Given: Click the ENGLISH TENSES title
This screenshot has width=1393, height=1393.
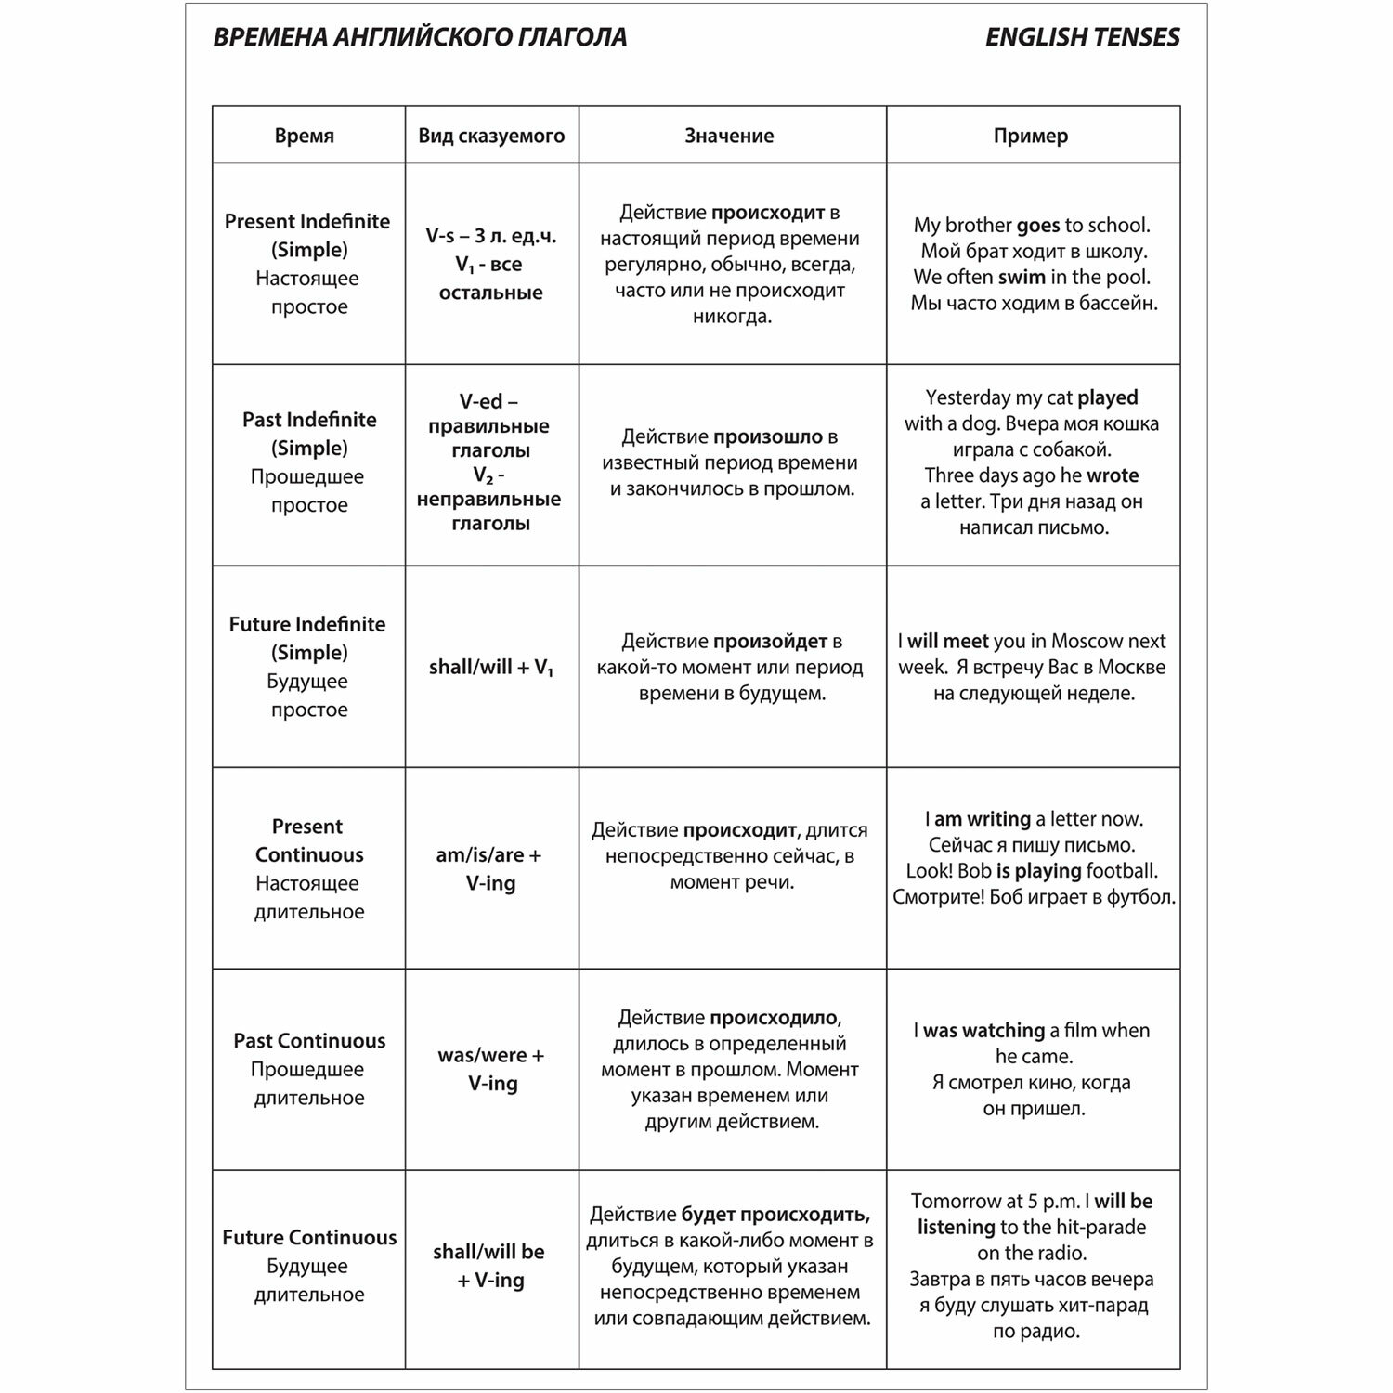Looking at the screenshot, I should click(1082, 37).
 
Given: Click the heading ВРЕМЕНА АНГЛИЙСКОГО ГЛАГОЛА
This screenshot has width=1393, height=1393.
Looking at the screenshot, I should click(420, 37).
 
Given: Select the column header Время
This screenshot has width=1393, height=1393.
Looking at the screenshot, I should click(305, 136).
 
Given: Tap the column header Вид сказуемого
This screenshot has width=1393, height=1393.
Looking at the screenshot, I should click(491, 136).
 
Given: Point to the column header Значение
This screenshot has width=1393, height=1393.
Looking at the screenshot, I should click(729, 136).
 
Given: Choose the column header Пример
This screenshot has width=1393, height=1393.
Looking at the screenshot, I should click(1031, 136).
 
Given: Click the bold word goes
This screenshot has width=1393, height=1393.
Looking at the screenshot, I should click(1038, 226).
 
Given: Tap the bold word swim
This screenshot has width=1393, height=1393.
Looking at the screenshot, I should click(1022, 277).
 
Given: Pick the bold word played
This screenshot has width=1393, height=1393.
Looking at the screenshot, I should click(1108, 397).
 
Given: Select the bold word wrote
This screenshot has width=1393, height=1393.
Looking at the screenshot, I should click(1113, 475).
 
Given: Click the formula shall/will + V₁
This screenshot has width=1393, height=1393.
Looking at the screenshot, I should click(491, 668).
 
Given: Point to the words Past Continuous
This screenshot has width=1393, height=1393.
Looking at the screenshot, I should click(309, 1040).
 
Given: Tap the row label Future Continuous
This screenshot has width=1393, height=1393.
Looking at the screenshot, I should click(309, 1237).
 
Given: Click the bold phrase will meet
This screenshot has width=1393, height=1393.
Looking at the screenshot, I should click(947, 641).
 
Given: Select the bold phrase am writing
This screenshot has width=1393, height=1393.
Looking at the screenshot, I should click(983, 819).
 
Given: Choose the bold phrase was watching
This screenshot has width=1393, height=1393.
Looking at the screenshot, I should click(983, 1031).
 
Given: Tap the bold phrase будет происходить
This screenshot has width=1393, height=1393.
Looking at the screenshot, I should click(775, 1215).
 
